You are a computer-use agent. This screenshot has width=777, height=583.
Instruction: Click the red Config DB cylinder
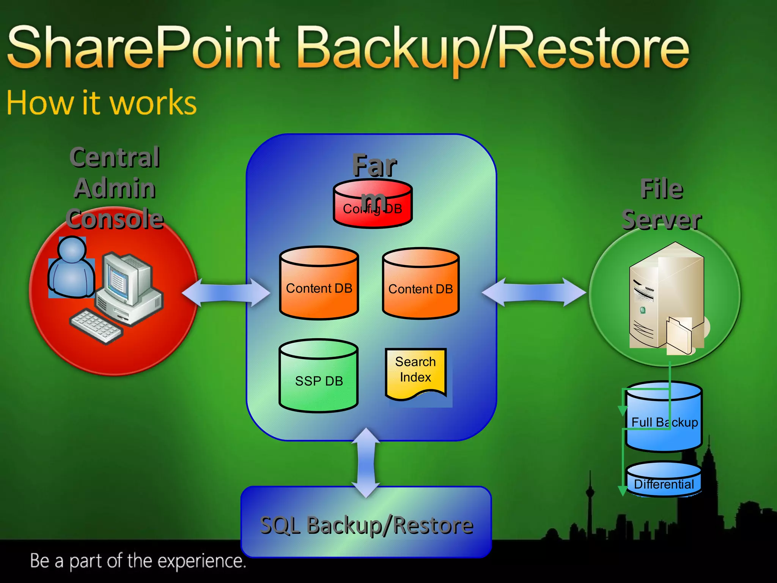click(x=373, y=205)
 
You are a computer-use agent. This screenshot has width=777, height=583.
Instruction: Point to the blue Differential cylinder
click(x=664, y=480)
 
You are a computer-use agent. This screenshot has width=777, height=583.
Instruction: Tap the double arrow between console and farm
click(x=226, y=293)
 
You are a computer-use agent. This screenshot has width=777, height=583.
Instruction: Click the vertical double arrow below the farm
click(x=366, y=463)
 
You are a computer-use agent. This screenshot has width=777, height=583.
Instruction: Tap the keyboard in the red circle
click(x=97, y=326)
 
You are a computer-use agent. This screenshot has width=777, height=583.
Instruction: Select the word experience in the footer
click(x=201, y=561)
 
